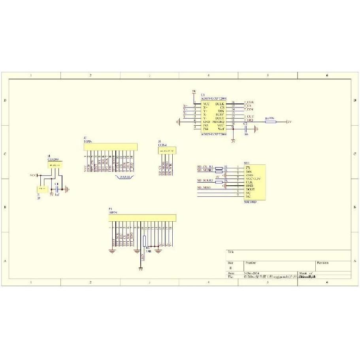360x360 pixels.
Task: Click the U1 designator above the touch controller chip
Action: pyautogui.click(x=203, y=95)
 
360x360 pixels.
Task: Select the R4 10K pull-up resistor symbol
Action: pyautogui.click(x=271, y=122)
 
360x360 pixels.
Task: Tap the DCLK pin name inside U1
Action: pyautogui.click(x=220, y=103)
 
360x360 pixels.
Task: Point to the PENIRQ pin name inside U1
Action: pyautogui.click(x=218, y=122)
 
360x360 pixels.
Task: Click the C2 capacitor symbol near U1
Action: pyautogui.click(x=245, y=128)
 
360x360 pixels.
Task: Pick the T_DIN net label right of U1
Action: pyautogui.click(x=249, y=109)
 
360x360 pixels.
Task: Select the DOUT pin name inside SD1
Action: pyautogui.click(x=250, y=189)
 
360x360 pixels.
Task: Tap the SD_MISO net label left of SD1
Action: pyautogui.click(x=205, y=187)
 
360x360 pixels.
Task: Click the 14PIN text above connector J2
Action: pyautogui.click(x=88, y=141)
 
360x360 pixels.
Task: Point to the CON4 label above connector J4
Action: pyautogui.click(x=162, y=145)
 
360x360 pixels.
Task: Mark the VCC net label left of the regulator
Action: pyautogui.click(x=33, y=175)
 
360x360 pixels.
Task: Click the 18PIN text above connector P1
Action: pyautogui.click(x=113, y=212)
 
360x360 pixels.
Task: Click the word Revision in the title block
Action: pyautogui.click(x=322, y=262)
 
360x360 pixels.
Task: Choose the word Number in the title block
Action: pyautogui.click(x=251, y=262)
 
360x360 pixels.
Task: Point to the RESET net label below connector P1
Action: pyautogui.click(x=114, y=242)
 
